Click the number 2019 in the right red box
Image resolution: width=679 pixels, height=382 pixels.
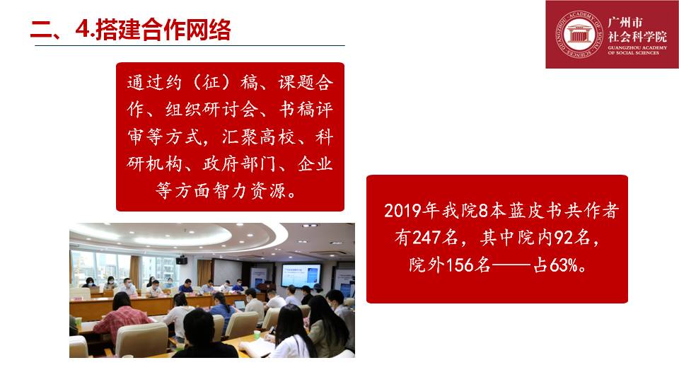402,211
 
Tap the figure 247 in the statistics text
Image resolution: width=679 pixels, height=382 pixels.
425,238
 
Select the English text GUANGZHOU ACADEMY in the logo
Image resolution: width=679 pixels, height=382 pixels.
637,47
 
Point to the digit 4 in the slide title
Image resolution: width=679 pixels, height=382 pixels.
81,30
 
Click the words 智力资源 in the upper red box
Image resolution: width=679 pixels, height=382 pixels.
240,190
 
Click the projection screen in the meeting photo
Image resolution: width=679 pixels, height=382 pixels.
301,275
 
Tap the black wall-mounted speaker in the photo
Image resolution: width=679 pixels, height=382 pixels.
182,260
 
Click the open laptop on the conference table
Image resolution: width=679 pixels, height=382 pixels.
240,306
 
